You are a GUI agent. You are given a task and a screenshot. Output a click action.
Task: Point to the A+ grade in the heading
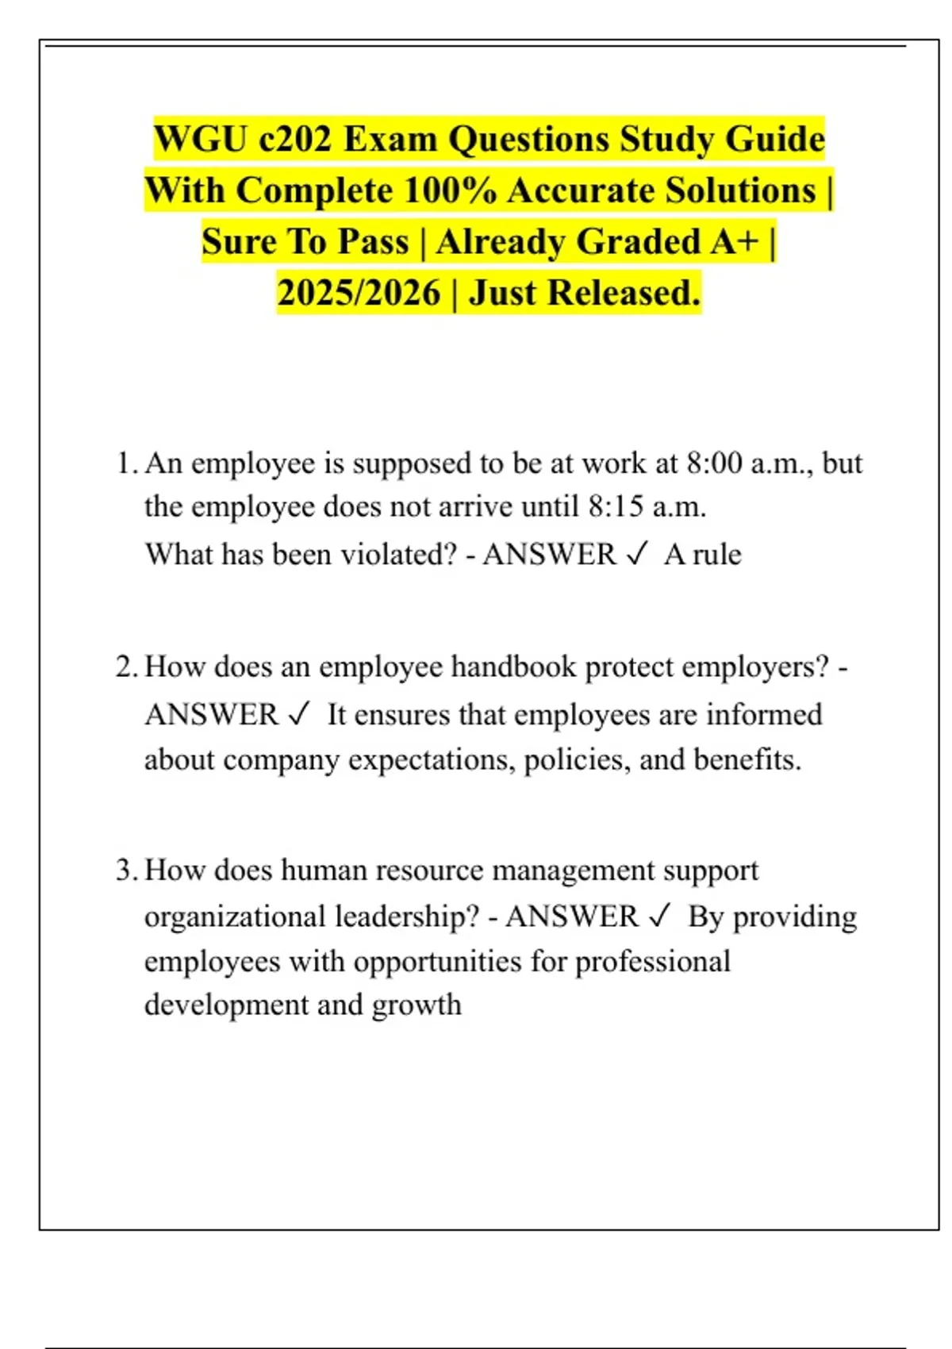(x=735, y=242)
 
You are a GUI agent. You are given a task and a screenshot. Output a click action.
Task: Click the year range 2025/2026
(x=359, y=293)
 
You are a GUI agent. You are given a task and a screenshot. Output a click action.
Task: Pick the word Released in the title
(x=624, y=293)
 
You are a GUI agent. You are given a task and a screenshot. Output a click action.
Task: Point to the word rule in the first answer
(x=717, y=554)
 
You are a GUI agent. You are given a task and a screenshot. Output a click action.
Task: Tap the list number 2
(x=126, y=667)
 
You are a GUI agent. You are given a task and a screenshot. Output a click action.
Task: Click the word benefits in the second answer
(x=747, y=759)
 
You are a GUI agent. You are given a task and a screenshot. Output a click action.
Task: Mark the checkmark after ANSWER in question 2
(x=298, y=714)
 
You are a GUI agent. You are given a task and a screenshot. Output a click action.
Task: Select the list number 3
(x=126, y=871)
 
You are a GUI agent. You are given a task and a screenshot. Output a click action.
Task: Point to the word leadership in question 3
(x=407, y=917)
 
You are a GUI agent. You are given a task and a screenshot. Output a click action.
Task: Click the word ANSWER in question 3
(x=572, y=917)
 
